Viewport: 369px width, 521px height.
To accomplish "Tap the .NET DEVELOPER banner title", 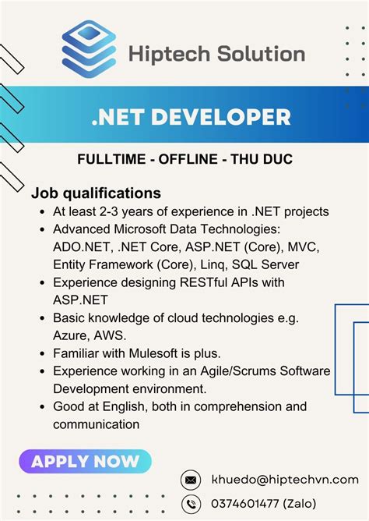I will (x=190, y=118).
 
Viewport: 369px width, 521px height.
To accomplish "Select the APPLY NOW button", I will (x=86, y=461).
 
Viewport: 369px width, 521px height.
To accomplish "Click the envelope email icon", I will (x=190, y=480).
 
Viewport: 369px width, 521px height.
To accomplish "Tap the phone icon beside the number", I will (x=190, y=503).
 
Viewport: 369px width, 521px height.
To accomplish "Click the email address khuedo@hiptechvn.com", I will (x=285, y=480).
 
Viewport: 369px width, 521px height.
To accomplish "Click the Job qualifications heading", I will (x=96, y=193).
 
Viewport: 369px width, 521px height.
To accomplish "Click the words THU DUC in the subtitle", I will (x=269, y=159).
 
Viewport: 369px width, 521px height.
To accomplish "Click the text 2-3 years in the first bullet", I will (x=139, y=211).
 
